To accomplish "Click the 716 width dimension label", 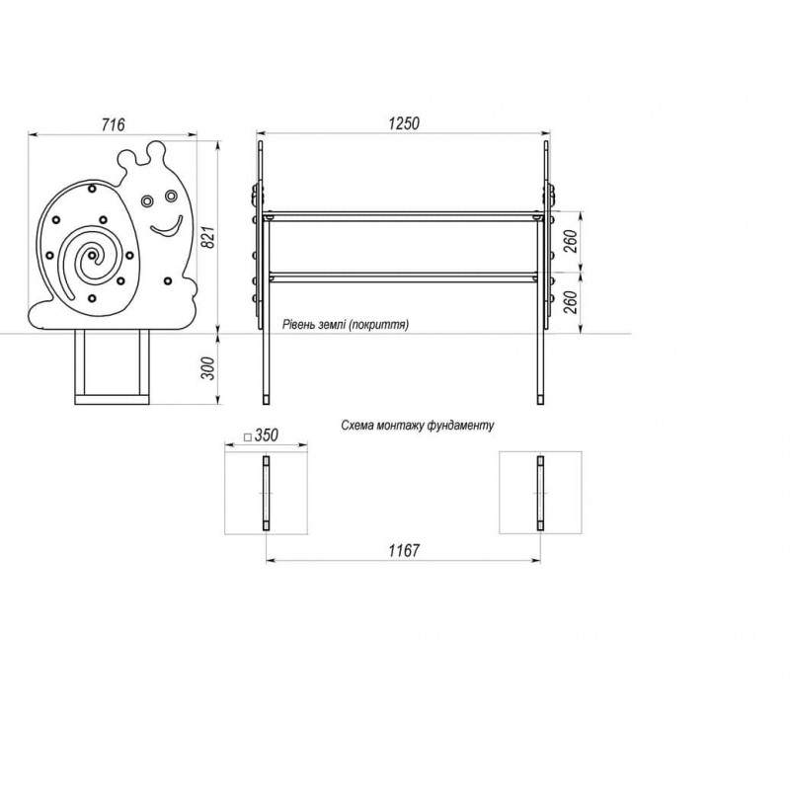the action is tap(113, 124).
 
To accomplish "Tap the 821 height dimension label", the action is tap(207, 237).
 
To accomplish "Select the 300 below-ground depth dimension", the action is tap(207, 368).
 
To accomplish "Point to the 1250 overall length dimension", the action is tap(404, 123).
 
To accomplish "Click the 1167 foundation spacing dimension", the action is tap(404, 551).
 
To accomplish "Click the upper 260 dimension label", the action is tap(571, 241).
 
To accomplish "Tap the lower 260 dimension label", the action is tap(571, 302).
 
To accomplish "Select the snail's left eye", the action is tap(147, 201).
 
